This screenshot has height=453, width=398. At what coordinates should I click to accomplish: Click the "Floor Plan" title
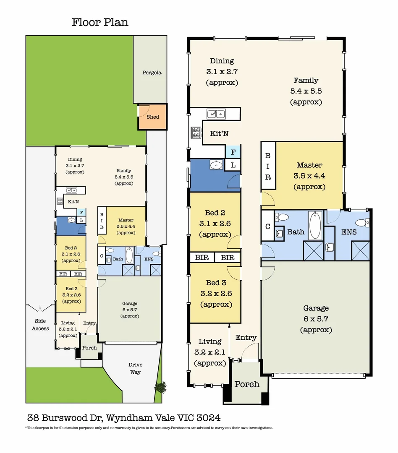click(x=100, y=22)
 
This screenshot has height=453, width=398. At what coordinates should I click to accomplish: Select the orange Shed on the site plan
click(x=152, y=117)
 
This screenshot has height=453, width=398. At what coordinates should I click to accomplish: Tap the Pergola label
click(x=151, y=73)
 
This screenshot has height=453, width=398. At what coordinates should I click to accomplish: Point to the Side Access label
click(x=40, y=325)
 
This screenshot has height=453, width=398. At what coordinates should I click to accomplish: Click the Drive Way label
click(x=135, y=368)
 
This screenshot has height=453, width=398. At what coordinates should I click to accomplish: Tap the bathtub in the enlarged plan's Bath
click(x=316, y=225)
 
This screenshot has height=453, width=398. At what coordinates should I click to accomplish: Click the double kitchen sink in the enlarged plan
click(x=216, y=114)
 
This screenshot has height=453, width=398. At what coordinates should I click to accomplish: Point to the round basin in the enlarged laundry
click(x=216, y=165)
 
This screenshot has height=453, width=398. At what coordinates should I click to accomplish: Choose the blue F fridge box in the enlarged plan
click(x=233, y=151)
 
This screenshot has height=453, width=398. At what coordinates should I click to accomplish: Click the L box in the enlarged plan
click(x=233, y=165)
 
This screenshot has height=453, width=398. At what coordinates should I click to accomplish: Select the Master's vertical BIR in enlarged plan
click(x=268, y=166)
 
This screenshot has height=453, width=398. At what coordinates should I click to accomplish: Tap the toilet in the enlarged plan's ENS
click(x=360, y=222)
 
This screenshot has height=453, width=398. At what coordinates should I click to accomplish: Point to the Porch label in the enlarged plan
click(x=247, y=384)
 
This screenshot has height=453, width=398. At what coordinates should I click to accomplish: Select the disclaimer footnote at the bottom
click(x=149, y=428)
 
